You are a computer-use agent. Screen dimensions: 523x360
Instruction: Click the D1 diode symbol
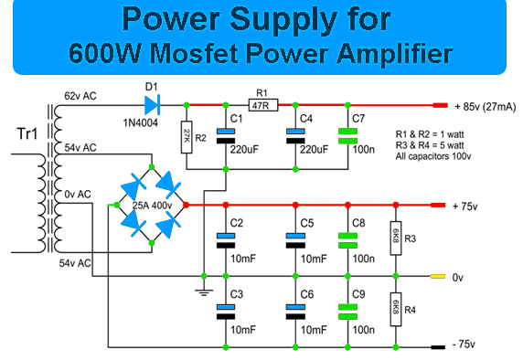pyautogui.click(x=152, y=105)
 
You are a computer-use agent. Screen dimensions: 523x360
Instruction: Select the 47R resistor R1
pyautogui.click(x=263, y=105)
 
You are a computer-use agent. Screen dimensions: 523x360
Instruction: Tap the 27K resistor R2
pyautogui.click(x=187, y=137)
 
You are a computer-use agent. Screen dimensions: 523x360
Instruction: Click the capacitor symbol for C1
pyautogui.click(x=226, y=136)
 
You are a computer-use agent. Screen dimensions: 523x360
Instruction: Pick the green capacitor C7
pyautogui.click(x=347, y=136)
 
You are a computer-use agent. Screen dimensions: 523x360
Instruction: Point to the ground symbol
pyautogui.click(x=204, y=292)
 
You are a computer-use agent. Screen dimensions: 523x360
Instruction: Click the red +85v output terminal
pyautogui.click(x=441, y=105)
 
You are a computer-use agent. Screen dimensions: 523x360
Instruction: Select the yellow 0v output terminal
pyautogui.click(x=438, y=276)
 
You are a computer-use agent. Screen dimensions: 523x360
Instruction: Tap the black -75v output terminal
pyautogui.click(x=438, y=347)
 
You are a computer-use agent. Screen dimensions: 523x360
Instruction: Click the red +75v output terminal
pyautogui.click(x=438, y=205)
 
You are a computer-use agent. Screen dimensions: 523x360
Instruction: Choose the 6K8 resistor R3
pyautogui.click(x=396, y=238)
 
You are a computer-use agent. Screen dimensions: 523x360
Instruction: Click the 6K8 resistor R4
pyautogui.click(x=396, y=310)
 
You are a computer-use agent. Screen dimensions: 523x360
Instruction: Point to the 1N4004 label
pyautogui.click(x=141, y=123)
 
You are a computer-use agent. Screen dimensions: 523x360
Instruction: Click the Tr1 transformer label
pyautogui.click(x=27, y=133)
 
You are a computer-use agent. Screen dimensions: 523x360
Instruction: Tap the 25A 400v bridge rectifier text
pyautogui.click(x=152, y=206)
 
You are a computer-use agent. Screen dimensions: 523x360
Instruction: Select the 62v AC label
pyautogui.click(x=80, y=96)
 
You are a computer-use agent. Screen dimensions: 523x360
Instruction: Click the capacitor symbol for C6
pyautogui.click(x=295, y=312)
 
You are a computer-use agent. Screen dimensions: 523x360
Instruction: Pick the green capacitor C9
pyautogui.click(x=347, y=312)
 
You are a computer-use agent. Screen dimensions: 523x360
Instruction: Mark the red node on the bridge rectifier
pyautogui.click(x=186, y=205)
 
